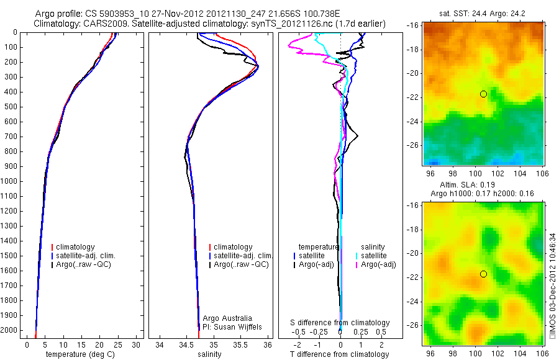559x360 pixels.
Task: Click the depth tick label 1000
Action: pyautogui.click(x=11, y=181)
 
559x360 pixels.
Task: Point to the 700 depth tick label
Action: pyautogui.click(x=12, y=137)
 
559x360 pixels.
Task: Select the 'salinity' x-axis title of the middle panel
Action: pyautogui.click(x=209, y=354)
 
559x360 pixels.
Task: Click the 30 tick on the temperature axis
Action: pyautogui.click(x=137, y=344)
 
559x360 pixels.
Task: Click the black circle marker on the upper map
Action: pyautogui.click(x=483, y=94)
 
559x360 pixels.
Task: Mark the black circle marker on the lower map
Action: pyautogui.click(x=483, y=274)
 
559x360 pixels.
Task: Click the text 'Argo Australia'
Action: pyautogui.click(x=227, y=318)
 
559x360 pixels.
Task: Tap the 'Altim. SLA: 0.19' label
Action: pyautogui.click(x=483, y=184)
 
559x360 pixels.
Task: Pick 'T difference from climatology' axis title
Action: pyautogui.click(x=340, y=354)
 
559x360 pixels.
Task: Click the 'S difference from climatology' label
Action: pyautogui.click(x=340, y=323)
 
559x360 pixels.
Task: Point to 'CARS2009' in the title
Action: pyautogui.click(x=99, y=24)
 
